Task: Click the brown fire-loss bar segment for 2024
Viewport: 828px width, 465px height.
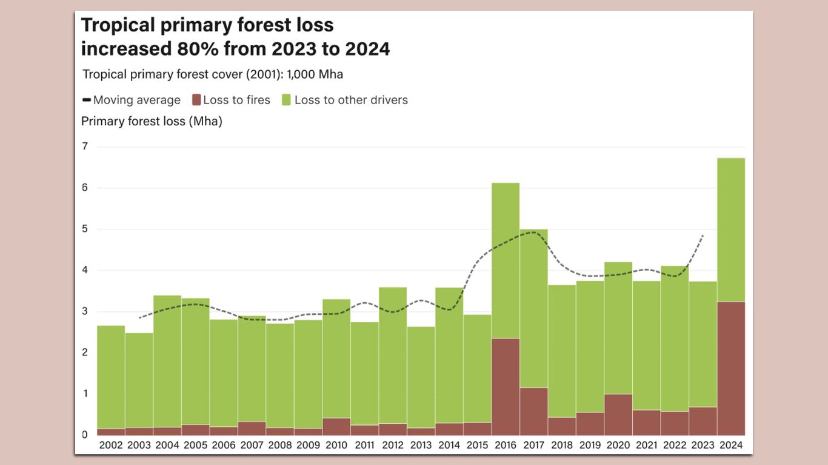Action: click(x=730, y=368)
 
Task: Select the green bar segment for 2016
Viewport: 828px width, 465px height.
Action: click(x=506, y=260)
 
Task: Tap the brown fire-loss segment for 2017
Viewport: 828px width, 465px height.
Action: click(x=533, y=411)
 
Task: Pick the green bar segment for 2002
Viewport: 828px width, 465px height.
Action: click(x=111, y=377)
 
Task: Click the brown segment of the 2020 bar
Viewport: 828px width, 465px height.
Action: click(x=618, y=414)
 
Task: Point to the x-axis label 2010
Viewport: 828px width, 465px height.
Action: click(x=336, y=445)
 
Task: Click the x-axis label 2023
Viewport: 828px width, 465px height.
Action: click(x=703, y=445)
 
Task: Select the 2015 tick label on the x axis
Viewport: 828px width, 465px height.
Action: click(x=477, y=445)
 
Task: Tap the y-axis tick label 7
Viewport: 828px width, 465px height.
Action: click(x=85, y=147)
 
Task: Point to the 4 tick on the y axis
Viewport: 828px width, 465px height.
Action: click(x=85, y=270)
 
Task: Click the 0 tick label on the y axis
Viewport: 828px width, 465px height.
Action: click(x=85, y=434)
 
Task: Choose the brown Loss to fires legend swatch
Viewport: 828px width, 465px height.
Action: click(x=196, y=100)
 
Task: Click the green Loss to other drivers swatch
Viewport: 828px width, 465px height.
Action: click(x=287, y=100)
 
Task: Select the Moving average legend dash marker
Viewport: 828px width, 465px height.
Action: click(x=86, y=100)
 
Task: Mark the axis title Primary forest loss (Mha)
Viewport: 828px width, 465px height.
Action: click(x=152, y=121)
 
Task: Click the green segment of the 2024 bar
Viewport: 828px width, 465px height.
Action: click(x=730, y=229)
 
